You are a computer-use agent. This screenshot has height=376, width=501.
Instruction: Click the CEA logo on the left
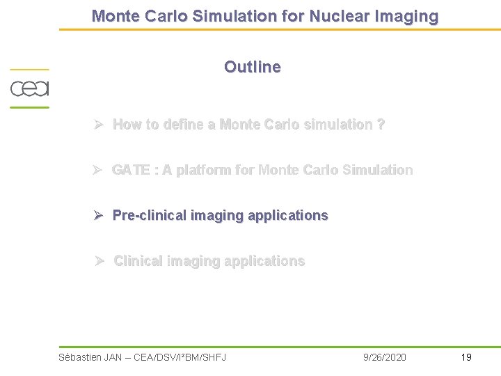point(29,89)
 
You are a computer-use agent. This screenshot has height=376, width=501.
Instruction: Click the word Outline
point(252,68)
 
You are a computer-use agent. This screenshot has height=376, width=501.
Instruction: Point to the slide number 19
point(466,357)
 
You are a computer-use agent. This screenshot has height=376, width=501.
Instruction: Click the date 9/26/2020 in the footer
point(385,357)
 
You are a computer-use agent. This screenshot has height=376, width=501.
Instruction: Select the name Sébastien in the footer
point(80,357)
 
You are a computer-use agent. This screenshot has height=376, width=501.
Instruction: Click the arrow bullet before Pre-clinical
point(100,216)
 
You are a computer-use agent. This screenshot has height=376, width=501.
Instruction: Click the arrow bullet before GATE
point(100,170)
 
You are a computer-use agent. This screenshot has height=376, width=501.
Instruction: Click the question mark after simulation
point(381,125)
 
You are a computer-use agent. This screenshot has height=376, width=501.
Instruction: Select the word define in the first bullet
point(183,125)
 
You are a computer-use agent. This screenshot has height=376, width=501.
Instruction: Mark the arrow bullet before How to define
point(100,125)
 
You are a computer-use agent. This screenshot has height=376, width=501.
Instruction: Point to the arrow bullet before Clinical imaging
point(100,261)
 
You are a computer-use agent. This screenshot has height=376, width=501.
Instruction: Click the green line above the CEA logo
point(29,70)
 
